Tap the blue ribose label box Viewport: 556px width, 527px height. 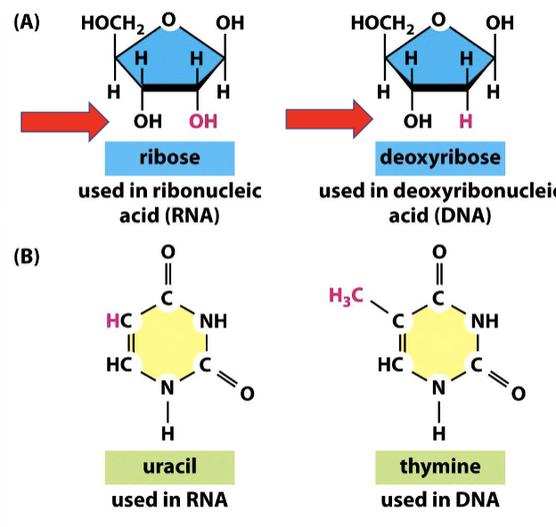click(x=168, y=158)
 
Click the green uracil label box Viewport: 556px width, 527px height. click(x=168, y=466)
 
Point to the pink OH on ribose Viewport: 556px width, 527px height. click(x=204, y=121)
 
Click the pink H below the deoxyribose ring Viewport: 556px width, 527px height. click(x=464, y=121)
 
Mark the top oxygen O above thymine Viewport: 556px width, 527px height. click(x=437, y=252)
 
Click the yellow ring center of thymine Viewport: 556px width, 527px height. click(x=437, y=343)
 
